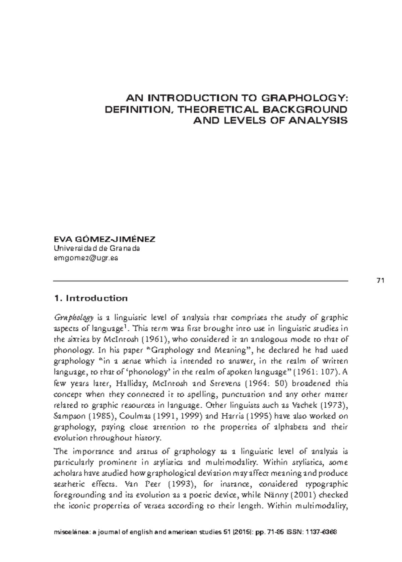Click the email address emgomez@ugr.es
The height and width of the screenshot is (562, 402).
[86, 258]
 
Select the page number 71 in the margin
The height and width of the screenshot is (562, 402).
[380, 281]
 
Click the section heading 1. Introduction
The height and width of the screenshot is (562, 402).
[91, 298]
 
